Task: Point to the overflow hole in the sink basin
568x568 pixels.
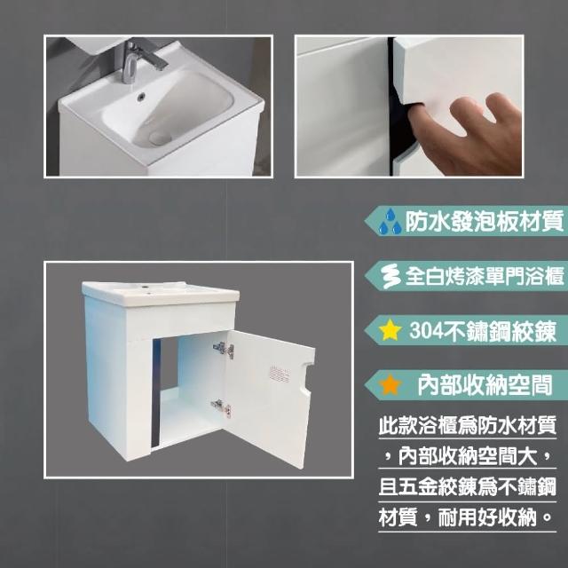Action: [x=141, y=96]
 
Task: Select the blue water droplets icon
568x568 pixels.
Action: [x=390, y=221]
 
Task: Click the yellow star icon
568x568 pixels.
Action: [x=390, y=330]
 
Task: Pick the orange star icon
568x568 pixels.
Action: [x=390, y=384]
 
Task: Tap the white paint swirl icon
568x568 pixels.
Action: [x=391, y=276]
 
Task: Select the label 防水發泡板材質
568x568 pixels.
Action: [x=485, y=221]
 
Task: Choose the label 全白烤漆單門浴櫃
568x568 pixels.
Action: [x=485, y=276]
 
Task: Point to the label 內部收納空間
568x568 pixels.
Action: [x=485, y=385]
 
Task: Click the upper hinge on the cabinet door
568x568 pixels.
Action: [x=224, y=349]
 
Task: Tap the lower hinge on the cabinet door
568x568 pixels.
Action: [x=221, y=407]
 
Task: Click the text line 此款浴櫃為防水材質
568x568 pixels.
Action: [x=468, y=425]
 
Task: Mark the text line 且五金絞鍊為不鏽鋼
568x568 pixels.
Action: [x=468, y=487]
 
